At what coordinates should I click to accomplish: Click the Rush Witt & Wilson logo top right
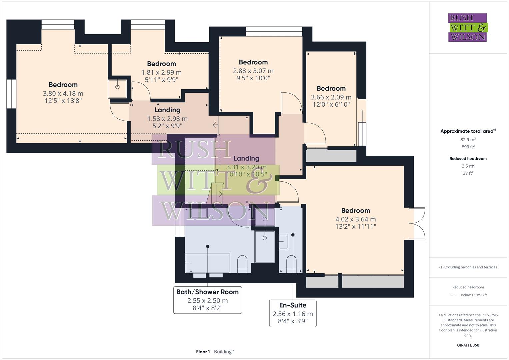(467, 27)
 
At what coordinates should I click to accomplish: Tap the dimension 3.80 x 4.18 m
(63, 94)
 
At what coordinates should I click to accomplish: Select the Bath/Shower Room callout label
(207, 292)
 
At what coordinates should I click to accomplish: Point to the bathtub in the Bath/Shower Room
(207, 263)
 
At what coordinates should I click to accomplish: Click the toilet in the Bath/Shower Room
(242, 263)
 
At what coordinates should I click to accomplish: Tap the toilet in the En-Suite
(291, 263)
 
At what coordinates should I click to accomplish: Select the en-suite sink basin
(283, 241)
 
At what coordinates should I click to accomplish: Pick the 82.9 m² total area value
(468, 140)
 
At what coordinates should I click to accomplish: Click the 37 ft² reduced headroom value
(468, 173)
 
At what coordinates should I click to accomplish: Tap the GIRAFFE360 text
(468, 345)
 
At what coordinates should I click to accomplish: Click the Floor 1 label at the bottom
(203, 352)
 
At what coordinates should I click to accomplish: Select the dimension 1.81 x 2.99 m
(161, 72)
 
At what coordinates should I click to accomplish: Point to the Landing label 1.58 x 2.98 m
(167, 110)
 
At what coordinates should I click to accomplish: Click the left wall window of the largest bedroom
(11, 94)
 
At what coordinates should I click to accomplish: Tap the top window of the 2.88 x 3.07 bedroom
(274, 31)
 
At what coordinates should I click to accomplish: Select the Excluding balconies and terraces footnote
(468, 267)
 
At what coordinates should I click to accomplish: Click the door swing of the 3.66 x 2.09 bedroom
(315, 133)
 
